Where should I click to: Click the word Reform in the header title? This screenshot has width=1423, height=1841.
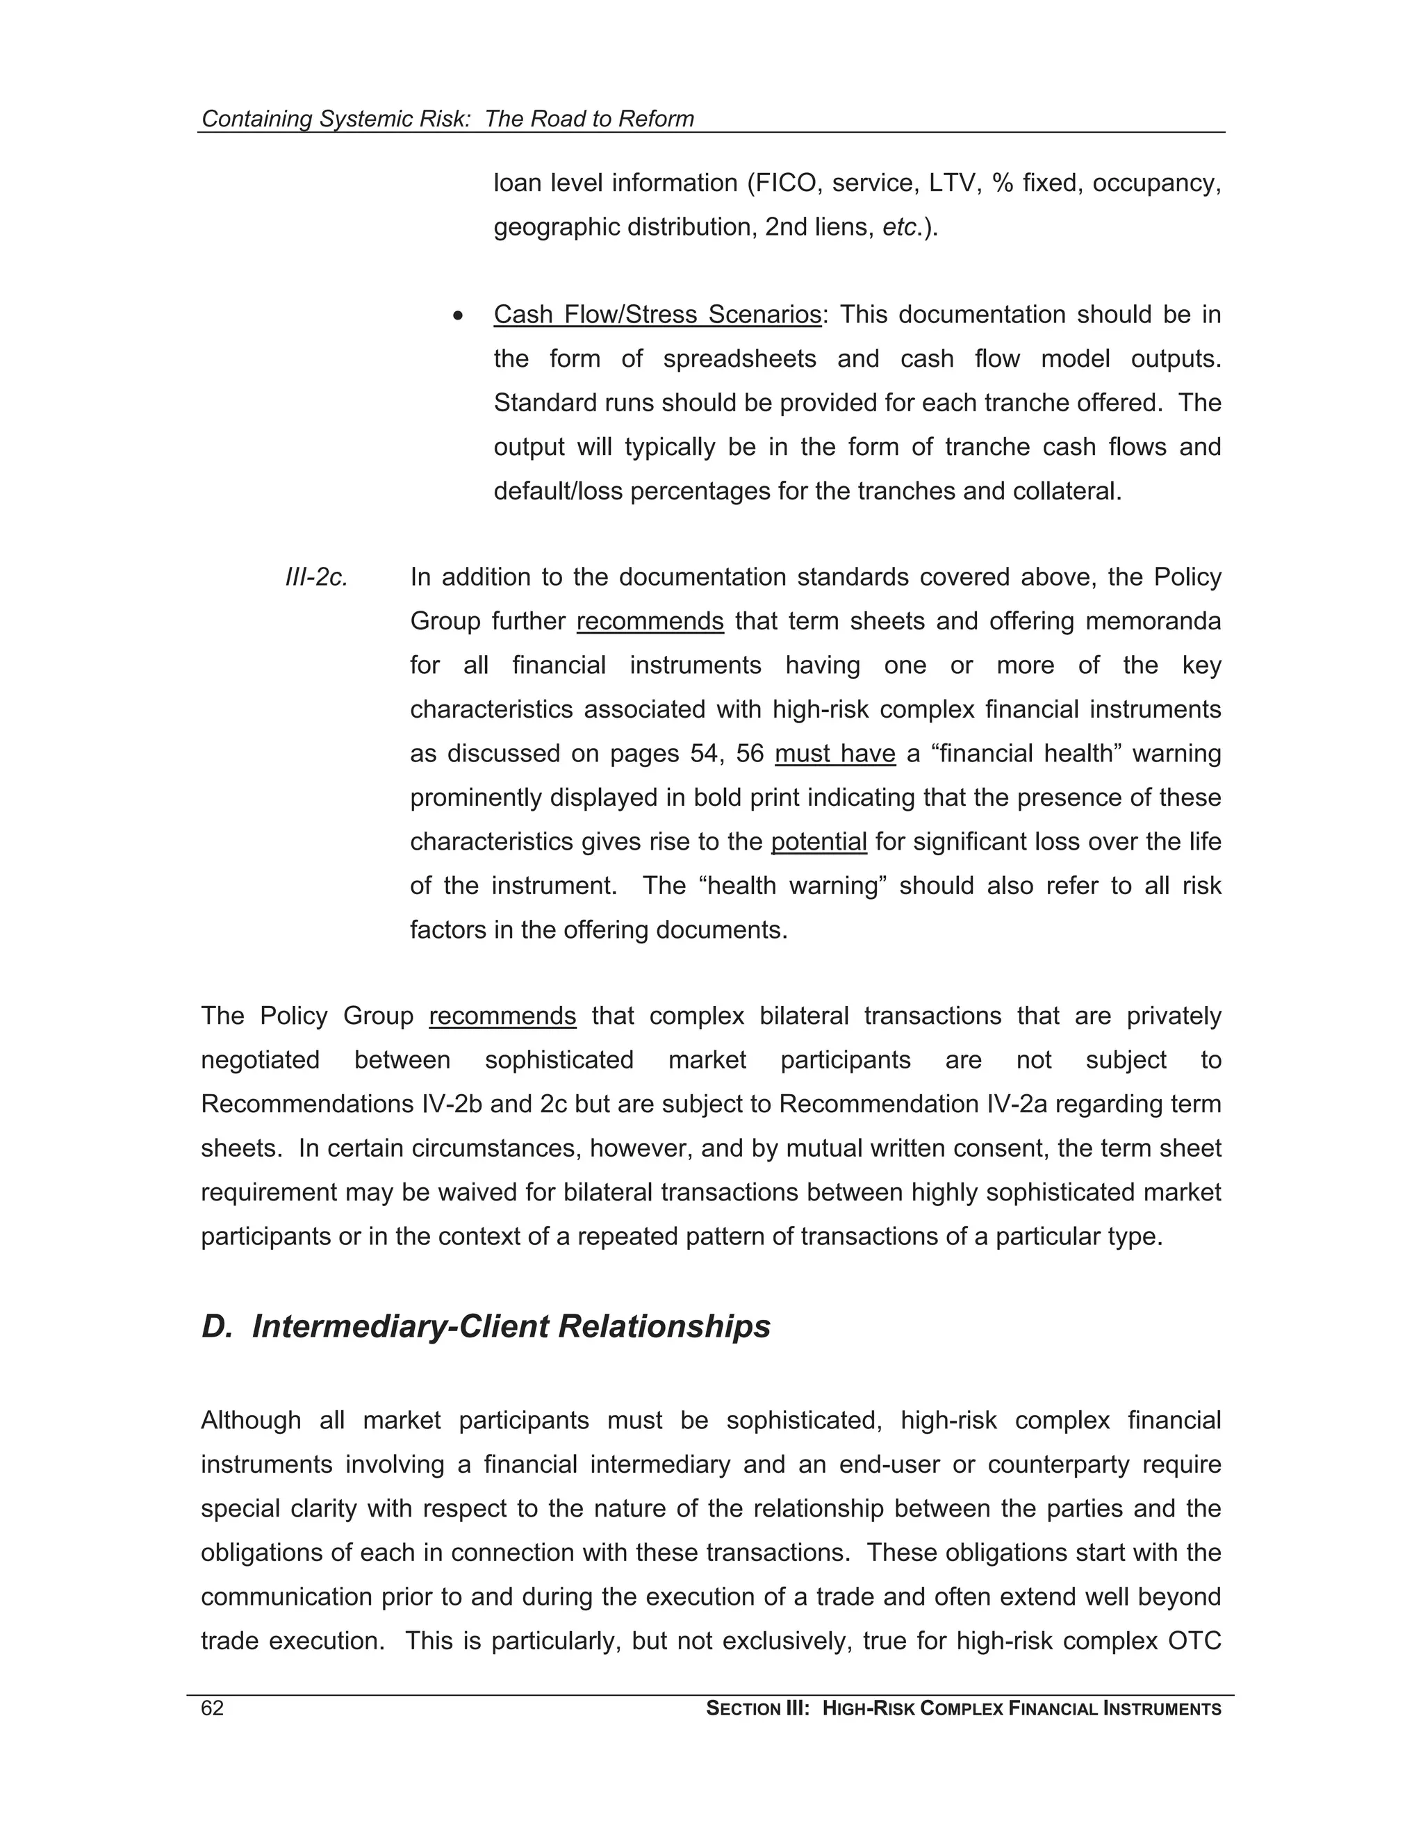click(x=655, y=119)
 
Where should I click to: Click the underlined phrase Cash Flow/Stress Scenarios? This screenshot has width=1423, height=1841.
click(x=657, y=315)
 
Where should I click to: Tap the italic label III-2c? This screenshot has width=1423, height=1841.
click(x=316, y=577)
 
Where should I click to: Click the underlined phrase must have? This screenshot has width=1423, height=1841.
click(x=834, y=753)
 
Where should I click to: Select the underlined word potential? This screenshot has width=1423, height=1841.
click(x=819, y=841)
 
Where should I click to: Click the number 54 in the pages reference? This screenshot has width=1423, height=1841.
click(x=704, y=753)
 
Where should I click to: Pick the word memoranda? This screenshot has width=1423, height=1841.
click(x=1153, y=621)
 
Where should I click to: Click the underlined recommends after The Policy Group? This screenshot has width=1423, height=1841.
click(x=502, y=1016)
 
